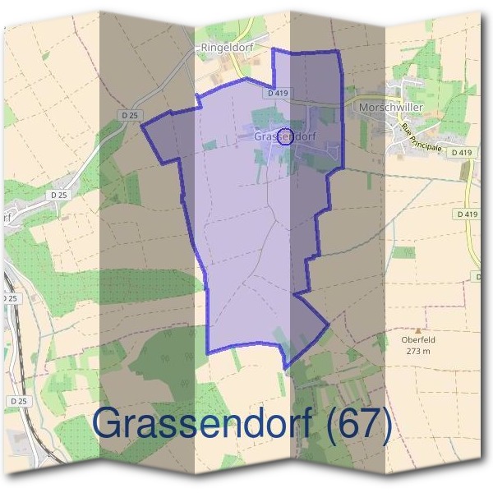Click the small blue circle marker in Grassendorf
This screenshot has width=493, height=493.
(x=284, y=136)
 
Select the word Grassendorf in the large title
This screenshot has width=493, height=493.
(x=202, y=424)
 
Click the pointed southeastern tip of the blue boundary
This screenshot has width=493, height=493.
(x=329, y=323)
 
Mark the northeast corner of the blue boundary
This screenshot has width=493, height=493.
(x=337, y=51)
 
